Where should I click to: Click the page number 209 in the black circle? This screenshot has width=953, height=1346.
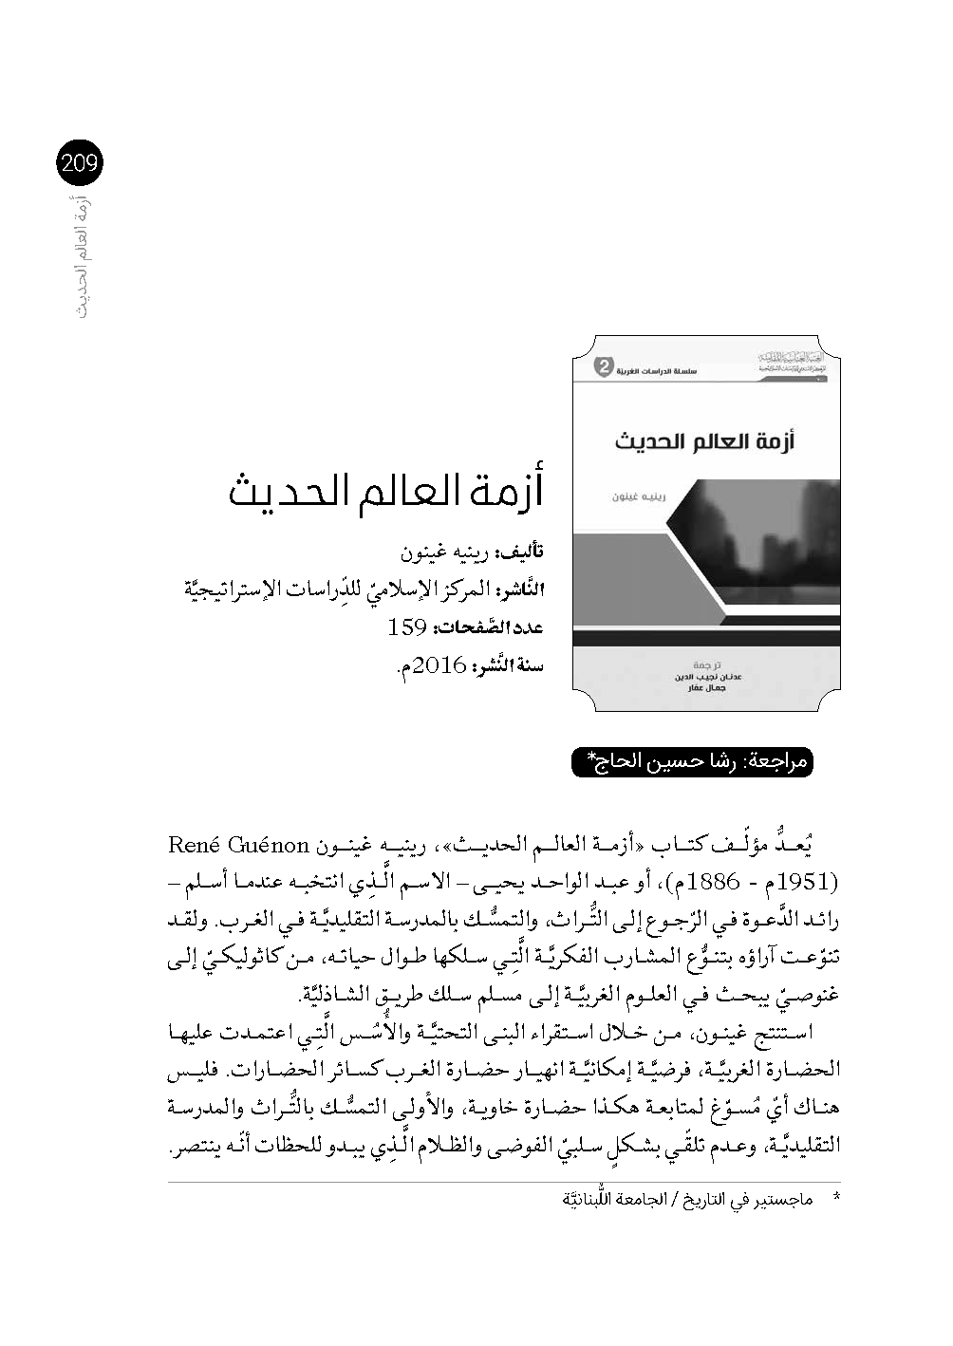[79, 164]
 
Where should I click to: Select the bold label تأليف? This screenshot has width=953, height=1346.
[523, 551]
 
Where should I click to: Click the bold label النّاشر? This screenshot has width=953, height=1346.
[520, 589]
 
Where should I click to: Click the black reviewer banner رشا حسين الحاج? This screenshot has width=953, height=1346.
[692, 761]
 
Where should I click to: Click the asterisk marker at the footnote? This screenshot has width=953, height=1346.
[835, 1200]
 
